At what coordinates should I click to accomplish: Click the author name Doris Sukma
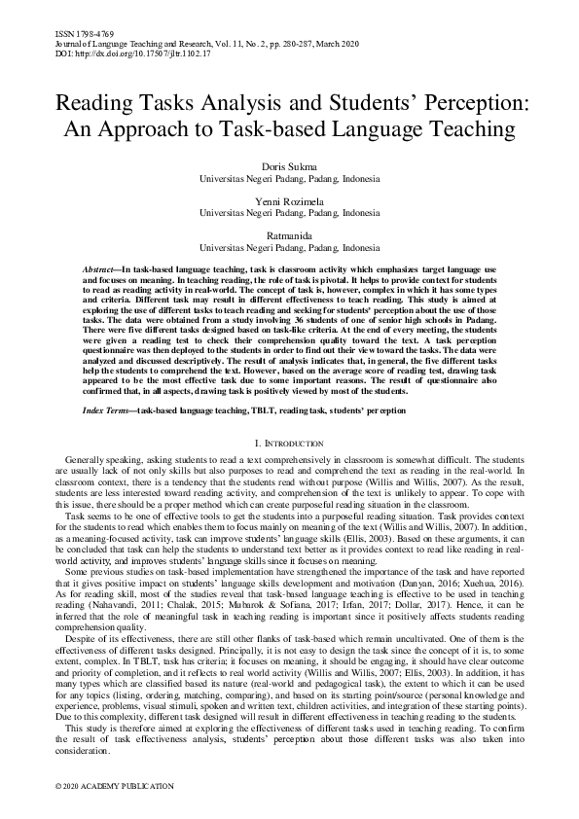290,168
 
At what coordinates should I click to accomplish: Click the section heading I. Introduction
289,444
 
